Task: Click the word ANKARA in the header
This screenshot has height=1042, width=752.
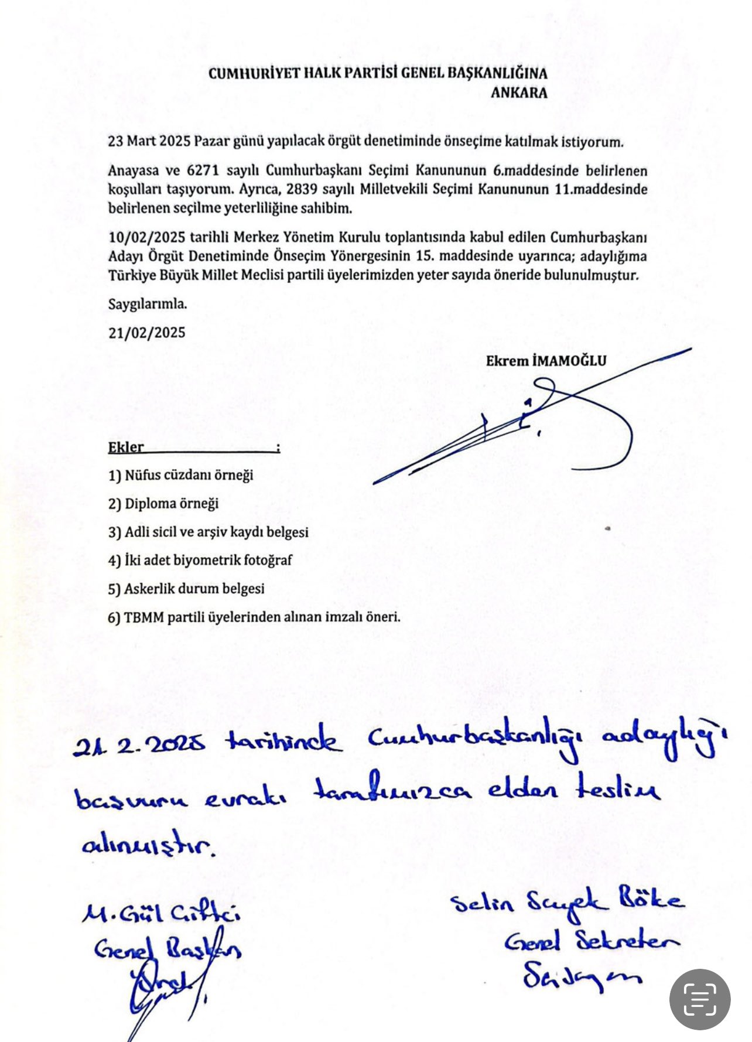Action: (518, 93)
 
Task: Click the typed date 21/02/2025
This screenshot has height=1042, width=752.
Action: (146, 333)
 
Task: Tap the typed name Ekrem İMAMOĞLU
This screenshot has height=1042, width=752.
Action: (546, 361)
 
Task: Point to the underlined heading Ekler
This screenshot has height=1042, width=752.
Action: (126, 447)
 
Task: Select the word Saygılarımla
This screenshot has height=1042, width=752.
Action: (148, 304)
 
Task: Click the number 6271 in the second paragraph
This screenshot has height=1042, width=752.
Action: (203, 170)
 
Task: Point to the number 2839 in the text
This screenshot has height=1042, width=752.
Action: (303, 189)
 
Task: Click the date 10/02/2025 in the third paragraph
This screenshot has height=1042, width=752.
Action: (146, 237)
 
